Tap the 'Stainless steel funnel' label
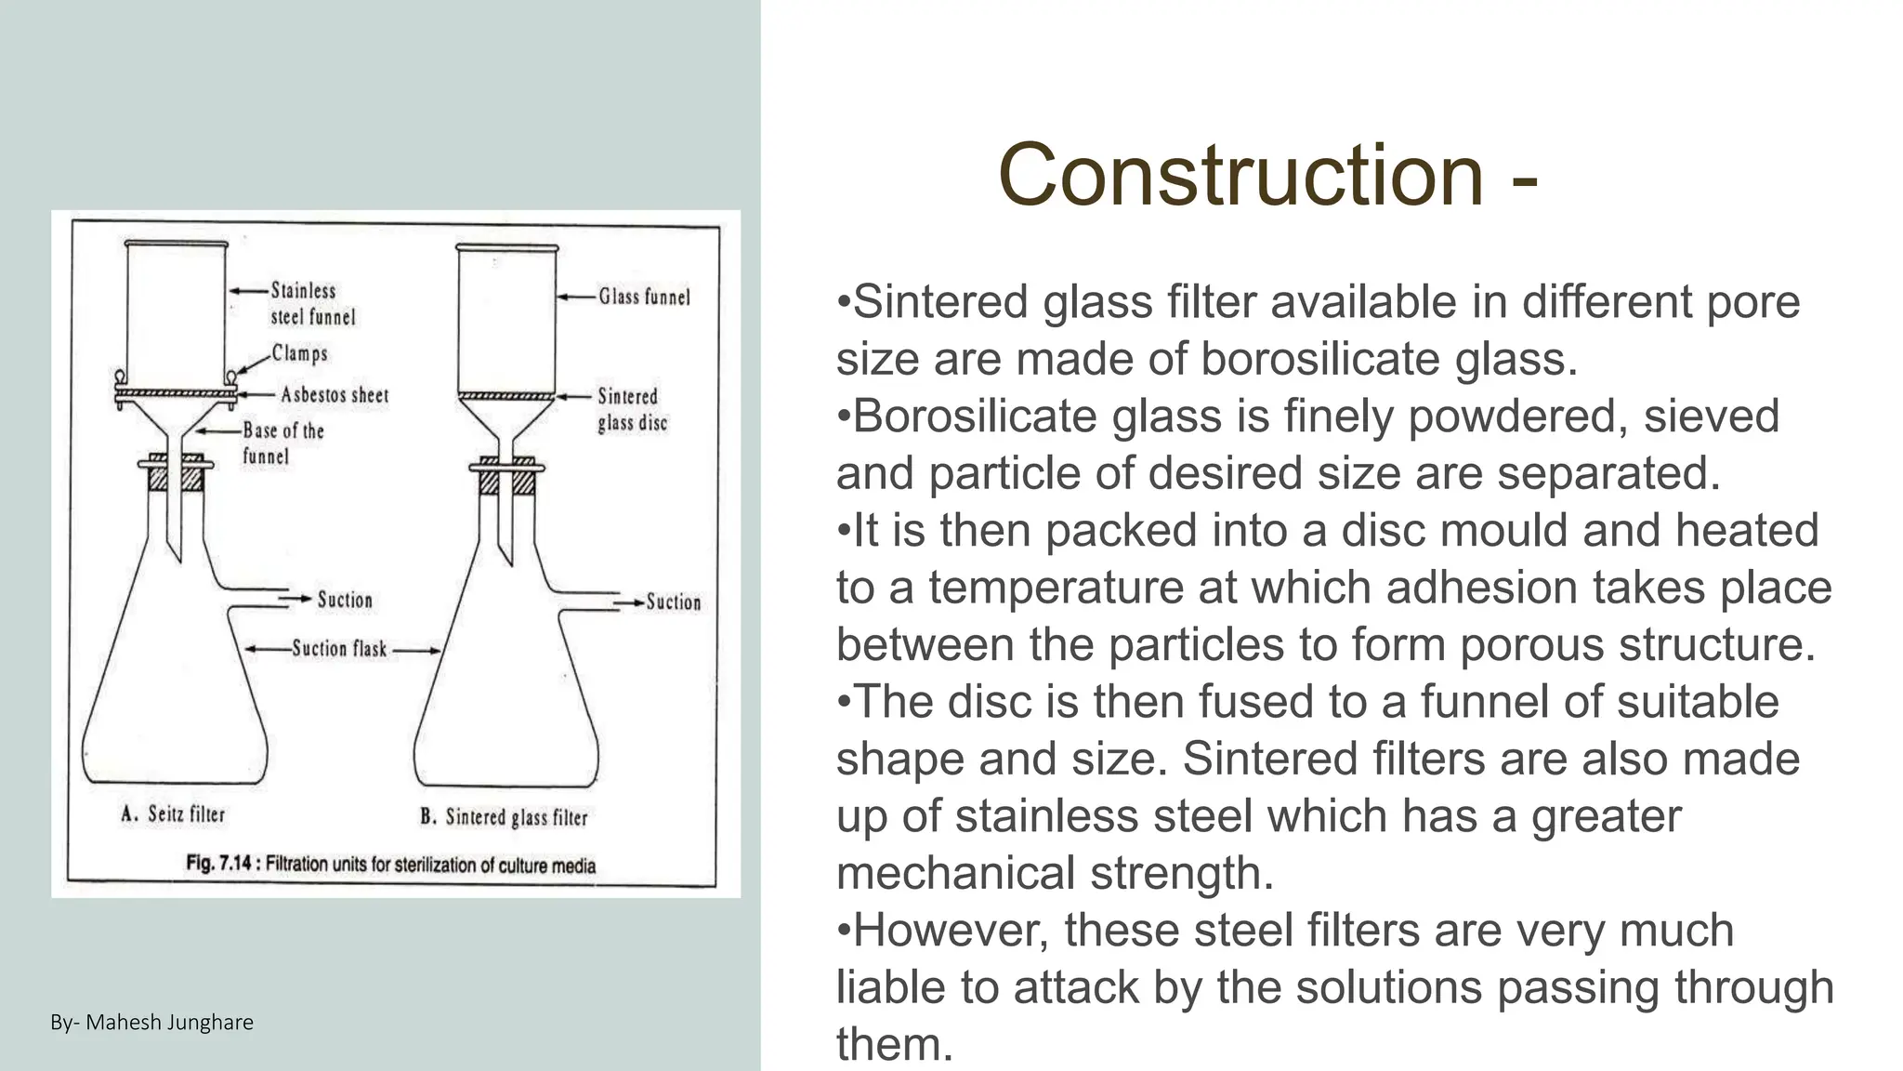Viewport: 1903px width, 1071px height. (x=312, y=304)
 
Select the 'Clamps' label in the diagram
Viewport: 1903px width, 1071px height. (x=299, y=353)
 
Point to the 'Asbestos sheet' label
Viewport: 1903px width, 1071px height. (x=335, y=395)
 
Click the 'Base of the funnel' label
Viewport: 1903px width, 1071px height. (x=282, y=443)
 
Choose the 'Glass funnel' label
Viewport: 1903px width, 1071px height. (x=644, y=297)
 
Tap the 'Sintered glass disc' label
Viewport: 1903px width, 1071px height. (x=632, y=410)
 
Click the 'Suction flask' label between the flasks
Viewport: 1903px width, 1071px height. (x=339, y=649)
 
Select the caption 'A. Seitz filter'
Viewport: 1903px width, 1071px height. (x=173, y=814)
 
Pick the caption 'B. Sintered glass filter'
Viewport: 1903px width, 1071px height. (x=504, y=817)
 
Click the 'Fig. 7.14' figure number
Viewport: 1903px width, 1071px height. (x=219, y=864)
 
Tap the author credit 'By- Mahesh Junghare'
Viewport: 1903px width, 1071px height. (x=151, y=1023)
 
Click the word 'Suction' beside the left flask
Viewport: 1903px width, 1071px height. (x=345, y=600)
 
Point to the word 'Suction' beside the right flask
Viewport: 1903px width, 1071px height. (x=674, y=602)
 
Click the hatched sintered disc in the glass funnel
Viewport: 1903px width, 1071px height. (x=506, y=397)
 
